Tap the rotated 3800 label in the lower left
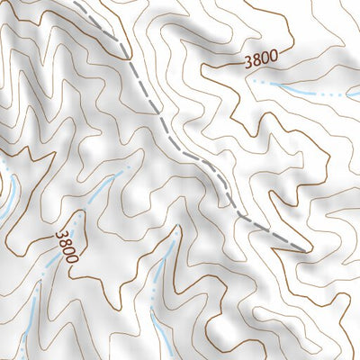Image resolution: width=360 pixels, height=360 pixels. point(67,246)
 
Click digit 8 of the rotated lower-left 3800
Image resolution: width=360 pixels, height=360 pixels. point(64,241)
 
